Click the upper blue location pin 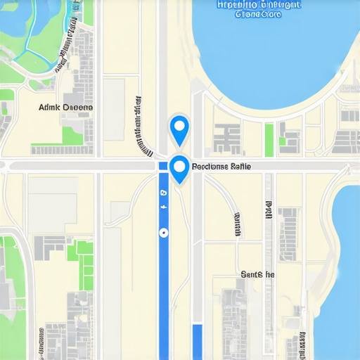pyautogui.click(x=180, y=128)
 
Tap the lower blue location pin pyautogui.click(x=180, y=168)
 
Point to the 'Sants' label pyautogui.click(x=257, y=274)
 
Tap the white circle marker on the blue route pyautogui.click(x=163, y=231)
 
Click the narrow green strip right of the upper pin pyautogui.click(x=269, y=139)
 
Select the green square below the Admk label pyautogui.click(x=72, y=135)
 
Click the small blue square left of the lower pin pyautogui.click(x=163, y=166)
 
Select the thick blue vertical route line pyautogui.click(x=164, y=281)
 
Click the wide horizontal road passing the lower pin pyautogui.click(x=84, y=166)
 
